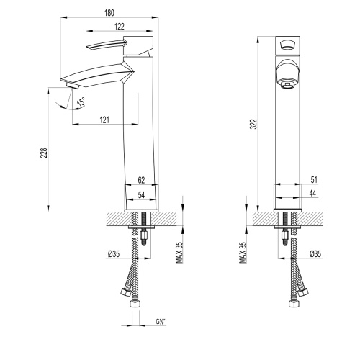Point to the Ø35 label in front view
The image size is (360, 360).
pyautogui.click(x=314, y=253)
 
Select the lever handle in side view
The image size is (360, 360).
pyautogui.click(x=104, y=45)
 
